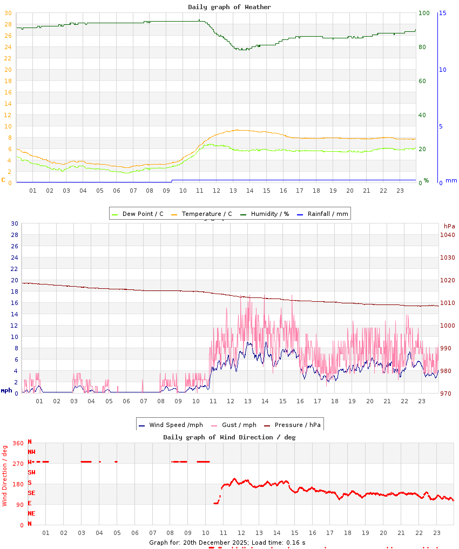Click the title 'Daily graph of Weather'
tap(230, 7)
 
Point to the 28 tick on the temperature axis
tap(8, 24)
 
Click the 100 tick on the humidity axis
tap(424, 13)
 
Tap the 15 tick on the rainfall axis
tap(442, 13)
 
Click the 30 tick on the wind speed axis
tap(15, 223)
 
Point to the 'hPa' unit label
tap(449, 226)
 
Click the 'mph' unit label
tap(6, 390)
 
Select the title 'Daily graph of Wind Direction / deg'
tap(230, 437)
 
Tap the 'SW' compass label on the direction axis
tap(31, 472)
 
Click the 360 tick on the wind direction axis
tap(18, 443)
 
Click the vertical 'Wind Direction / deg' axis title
tap(5, 476)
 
